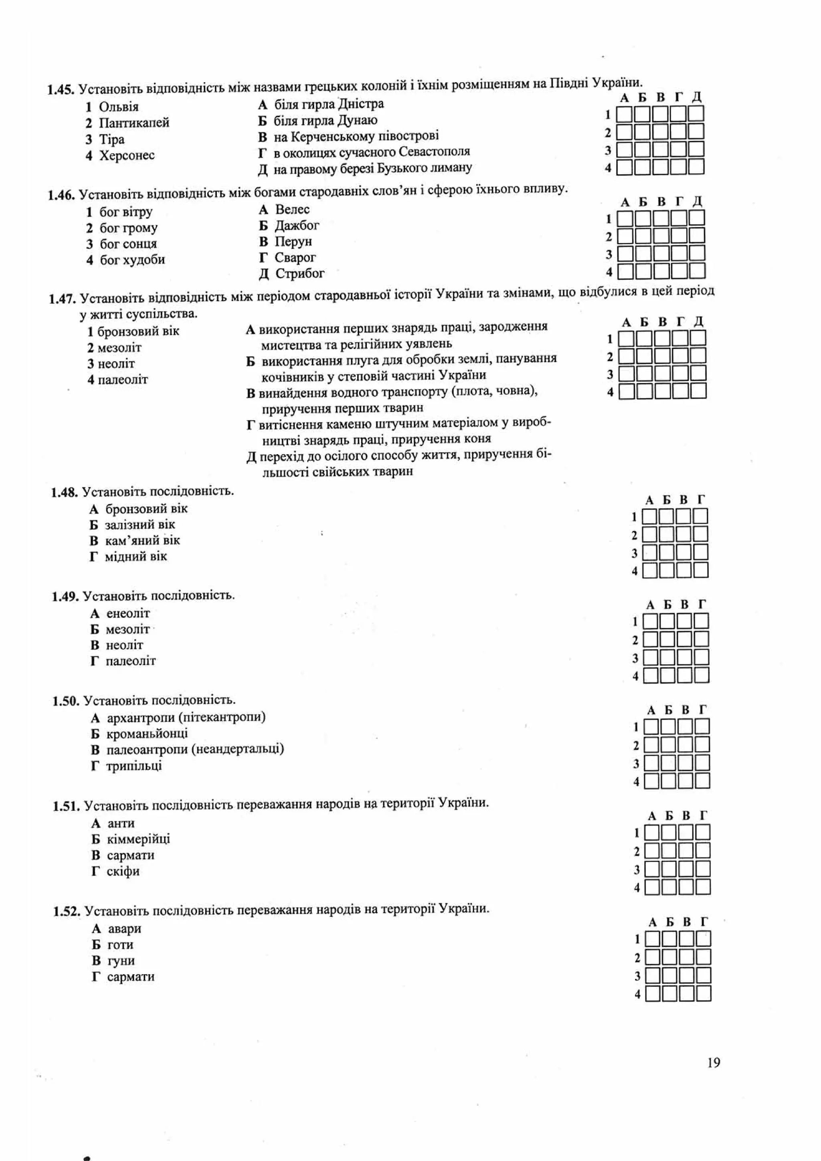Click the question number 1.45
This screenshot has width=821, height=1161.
click(61, 90)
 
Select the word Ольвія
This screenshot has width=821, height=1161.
click(118, 107)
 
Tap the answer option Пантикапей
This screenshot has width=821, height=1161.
click(134, 123)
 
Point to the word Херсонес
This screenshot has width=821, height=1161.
click(127, 155)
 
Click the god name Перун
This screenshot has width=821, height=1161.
click(293, 241)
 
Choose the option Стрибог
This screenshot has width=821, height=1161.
click(300, 273)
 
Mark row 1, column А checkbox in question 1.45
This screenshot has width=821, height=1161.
click(624, 114)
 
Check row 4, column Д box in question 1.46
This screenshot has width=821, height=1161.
click(697, 271)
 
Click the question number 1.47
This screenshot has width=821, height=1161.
click(62, 299)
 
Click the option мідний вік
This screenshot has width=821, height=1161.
click(135, 557)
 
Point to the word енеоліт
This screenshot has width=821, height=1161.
click(128, 613)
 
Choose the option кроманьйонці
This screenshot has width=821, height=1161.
click(147, 733)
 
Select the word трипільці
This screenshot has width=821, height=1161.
click(134, 766)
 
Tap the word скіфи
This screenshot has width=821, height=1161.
click(123, 871)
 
